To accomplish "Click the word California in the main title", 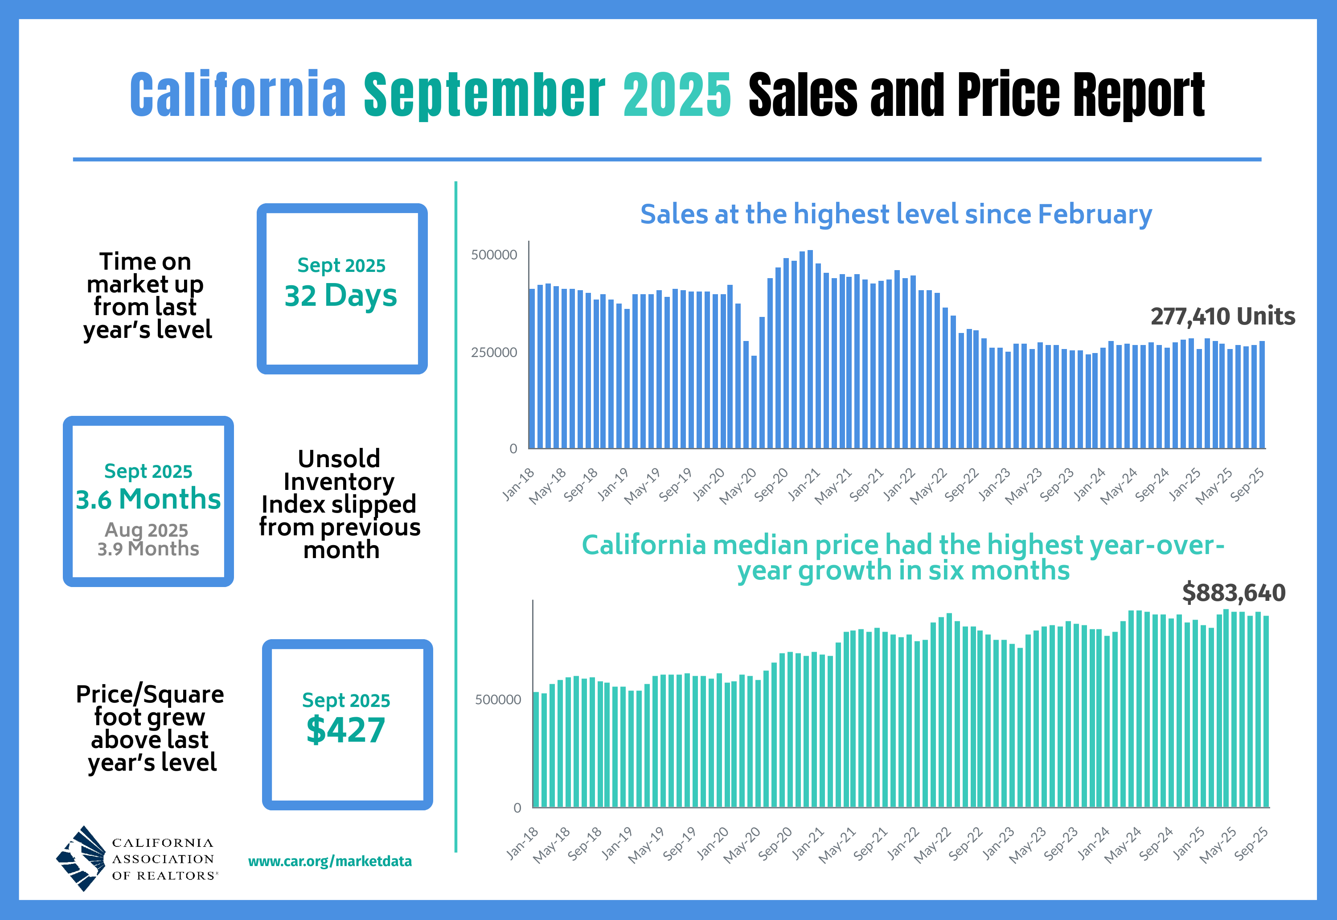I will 238,95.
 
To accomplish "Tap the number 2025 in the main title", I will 677,95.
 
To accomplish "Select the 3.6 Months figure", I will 148,499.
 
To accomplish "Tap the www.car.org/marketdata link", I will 330,861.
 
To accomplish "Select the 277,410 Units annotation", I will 1222,316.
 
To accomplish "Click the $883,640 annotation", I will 1233,592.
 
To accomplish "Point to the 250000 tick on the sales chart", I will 494,352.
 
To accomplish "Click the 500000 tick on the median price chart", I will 497,699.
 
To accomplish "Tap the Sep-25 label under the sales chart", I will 1247,484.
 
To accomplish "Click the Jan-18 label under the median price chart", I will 523,843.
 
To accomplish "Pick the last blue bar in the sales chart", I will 1262,395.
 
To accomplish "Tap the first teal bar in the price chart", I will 536,749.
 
